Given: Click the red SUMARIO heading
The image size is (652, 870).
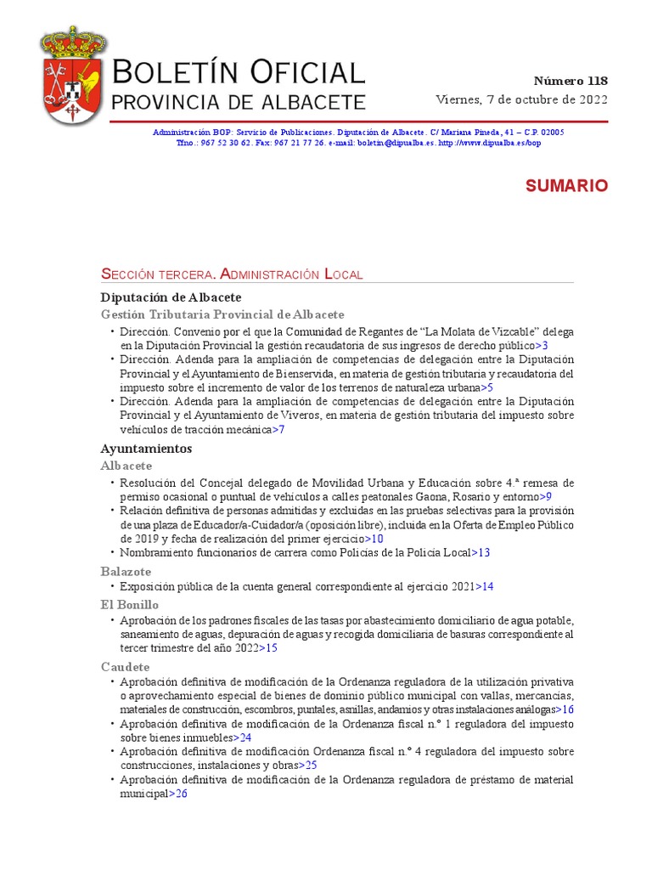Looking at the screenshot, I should coord(566,186).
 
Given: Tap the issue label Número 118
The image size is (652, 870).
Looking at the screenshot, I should coord(570,82).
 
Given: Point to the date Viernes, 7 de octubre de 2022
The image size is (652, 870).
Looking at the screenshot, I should coord(522,99).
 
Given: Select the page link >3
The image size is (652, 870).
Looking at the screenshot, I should coord(540,346).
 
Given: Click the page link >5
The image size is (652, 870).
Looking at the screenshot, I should coord(486,387).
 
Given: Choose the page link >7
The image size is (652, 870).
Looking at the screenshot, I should coord(278,429).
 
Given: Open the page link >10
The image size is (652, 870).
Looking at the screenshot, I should coord(374,538).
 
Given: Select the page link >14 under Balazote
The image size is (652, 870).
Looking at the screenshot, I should coord(484,586).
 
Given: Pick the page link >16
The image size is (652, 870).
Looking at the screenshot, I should coord(565,709).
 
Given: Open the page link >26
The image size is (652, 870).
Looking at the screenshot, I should coord(177,794).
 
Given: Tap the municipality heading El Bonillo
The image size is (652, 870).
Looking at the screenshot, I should coord(129,605).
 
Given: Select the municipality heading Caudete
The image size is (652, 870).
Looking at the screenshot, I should coord(125,667).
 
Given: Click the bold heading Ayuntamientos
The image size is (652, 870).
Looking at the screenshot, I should coord(146,448).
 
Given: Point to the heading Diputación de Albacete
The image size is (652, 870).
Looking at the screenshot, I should coord(171,297).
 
